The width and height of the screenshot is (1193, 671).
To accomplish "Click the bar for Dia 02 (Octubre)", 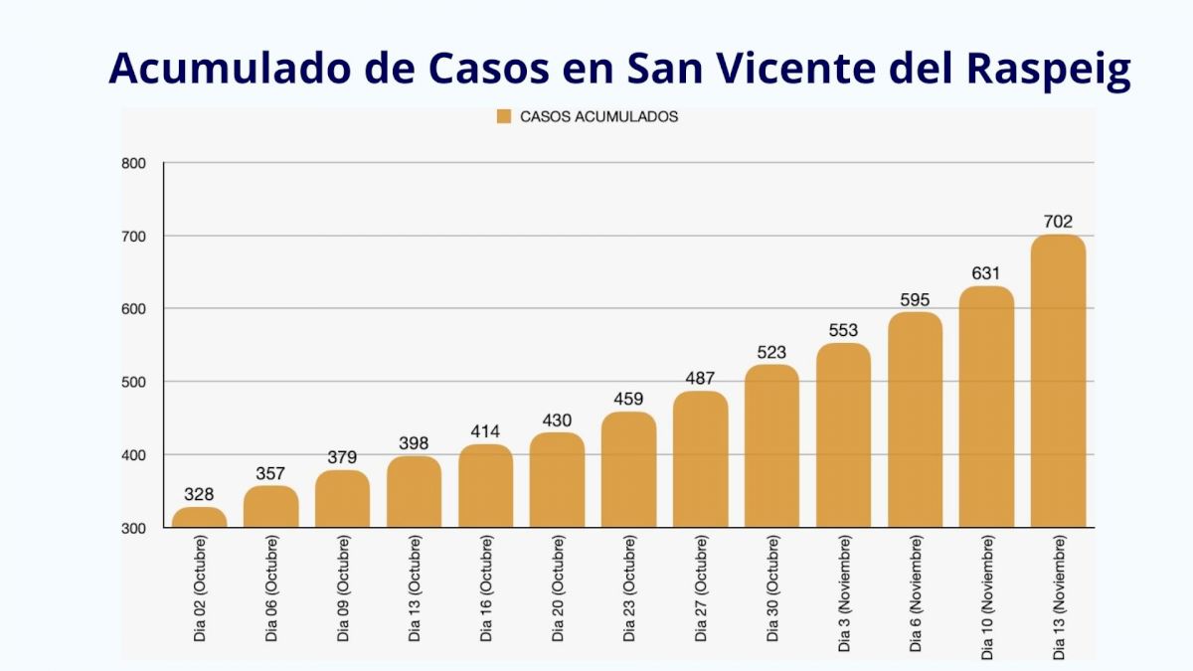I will [199, 517].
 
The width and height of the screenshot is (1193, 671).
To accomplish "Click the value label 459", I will [628, 400].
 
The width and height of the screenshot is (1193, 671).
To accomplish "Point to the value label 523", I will [771, 353].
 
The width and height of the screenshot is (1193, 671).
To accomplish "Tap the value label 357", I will [270, 474].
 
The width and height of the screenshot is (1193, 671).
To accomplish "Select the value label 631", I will [986, 273].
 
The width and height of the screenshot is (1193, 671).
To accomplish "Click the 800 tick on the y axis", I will [133, 164].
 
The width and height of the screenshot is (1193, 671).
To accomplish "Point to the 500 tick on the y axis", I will [133, 382].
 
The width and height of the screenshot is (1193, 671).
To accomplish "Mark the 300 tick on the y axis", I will [133, 528].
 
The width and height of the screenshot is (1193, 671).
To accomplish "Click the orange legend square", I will [503, 116].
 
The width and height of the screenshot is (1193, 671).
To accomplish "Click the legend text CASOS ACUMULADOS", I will [598, 116].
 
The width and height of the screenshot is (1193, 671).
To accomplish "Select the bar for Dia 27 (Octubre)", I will [700, 459].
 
